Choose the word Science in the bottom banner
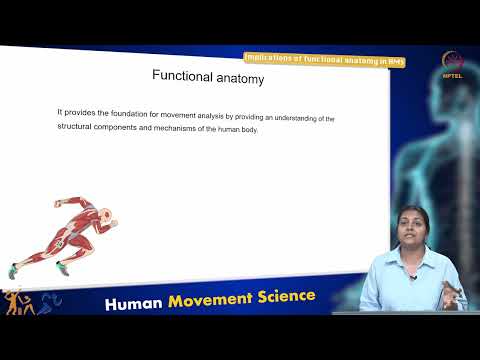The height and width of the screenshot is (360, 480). [289, 297]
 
